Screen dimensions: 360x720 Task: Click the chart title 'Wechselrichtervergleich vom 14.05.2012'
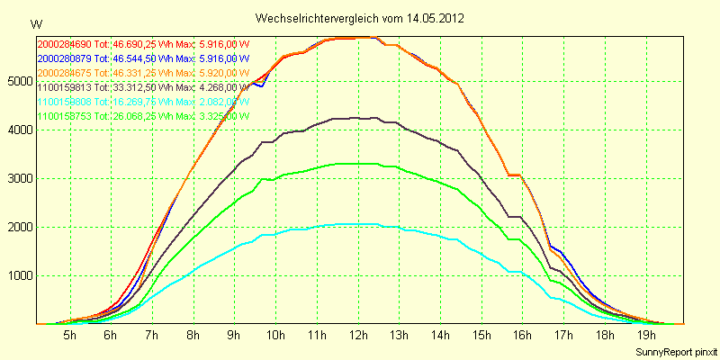click(359, 18)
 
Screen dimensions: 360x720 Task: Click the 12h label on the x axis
click(358, 336)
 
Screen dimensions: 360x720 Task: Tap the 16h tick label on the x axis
click(523, 336)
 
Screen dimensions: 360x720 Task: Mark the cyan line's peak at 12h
click(358, 223)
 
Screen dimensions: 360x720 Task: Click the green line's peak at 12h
click(358, 163)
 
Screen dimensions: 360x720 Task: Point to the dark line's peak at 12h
click(358, 118)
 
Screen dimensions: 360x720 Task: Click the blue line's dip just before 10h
click(261, 85)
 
